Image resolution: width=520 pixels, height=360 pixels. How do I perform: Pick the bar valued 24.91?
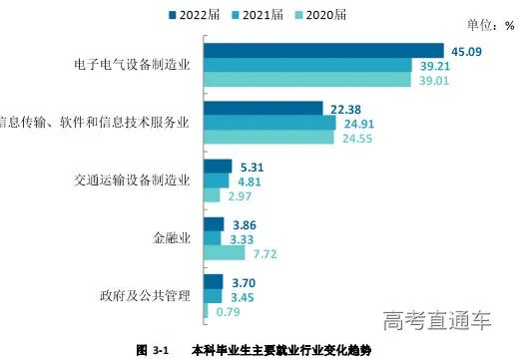[x=269, y=123]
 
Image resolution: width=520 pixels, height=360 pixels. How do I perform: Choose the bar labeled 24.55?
[x=268, y=138]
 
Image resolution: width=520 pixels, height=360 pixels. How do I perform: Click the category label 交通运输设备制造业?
[x=133, y=180]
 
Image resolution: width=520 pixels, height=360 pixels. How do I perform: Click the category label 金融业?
[x=168, y=238]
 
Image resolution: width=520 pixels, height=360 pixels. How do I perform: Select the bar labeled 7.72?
[x=224, y=253]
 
